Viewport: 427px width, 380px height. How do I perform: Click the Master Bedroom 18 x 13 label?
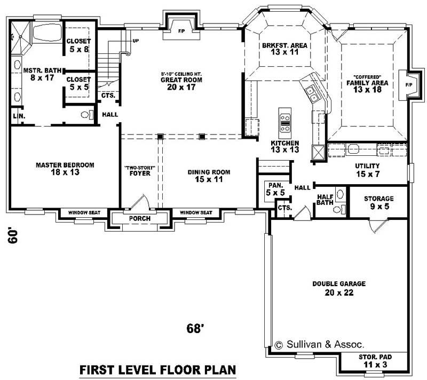[x=65, y=169]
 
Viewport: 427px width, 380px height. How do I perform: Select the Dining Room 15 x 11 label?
[x=209, y=176]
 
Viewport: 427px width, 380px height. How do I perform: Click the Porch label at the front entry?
[x=140, y=219]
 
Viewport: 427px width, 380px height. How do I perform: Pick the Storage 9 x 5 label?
[x=378, y=202]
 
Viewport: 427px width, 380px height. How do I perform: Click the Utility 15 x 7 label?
[x=367, y=170]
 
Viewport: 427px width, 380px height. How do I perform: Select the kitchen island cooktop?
[x=286, y=123]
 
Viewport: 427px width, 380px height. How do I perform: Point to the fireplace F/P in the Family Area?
[x=409, y=85]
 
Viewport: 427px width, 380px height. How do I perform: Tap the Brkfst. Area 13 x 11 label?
[x=284, y=49]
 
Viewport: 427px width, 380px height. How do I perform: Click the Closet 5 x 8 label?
[x=78, y=45]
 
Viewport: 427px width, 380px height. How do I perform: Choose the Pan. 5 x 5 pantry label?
[x=275, y=188]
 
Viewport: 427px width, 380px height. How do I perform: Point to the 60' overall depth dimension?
[x=14, y=235]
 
